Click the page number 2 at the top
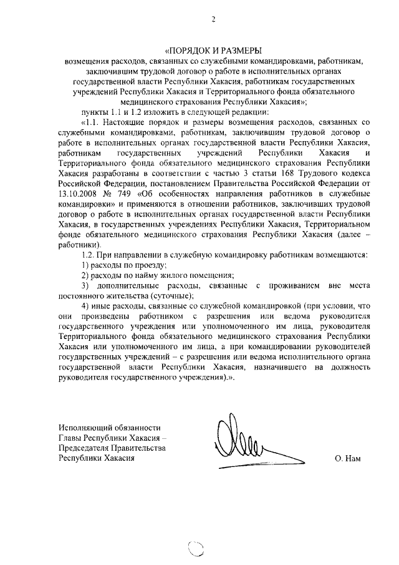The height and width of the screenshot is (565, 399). coord(213,19)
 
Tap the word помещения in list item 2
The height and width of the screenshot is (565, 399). coord(212,275)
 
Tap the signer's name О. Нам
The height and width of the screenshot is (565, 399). coord(347,458)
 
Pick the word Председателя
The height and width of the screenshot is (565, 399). coord(87,448)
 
